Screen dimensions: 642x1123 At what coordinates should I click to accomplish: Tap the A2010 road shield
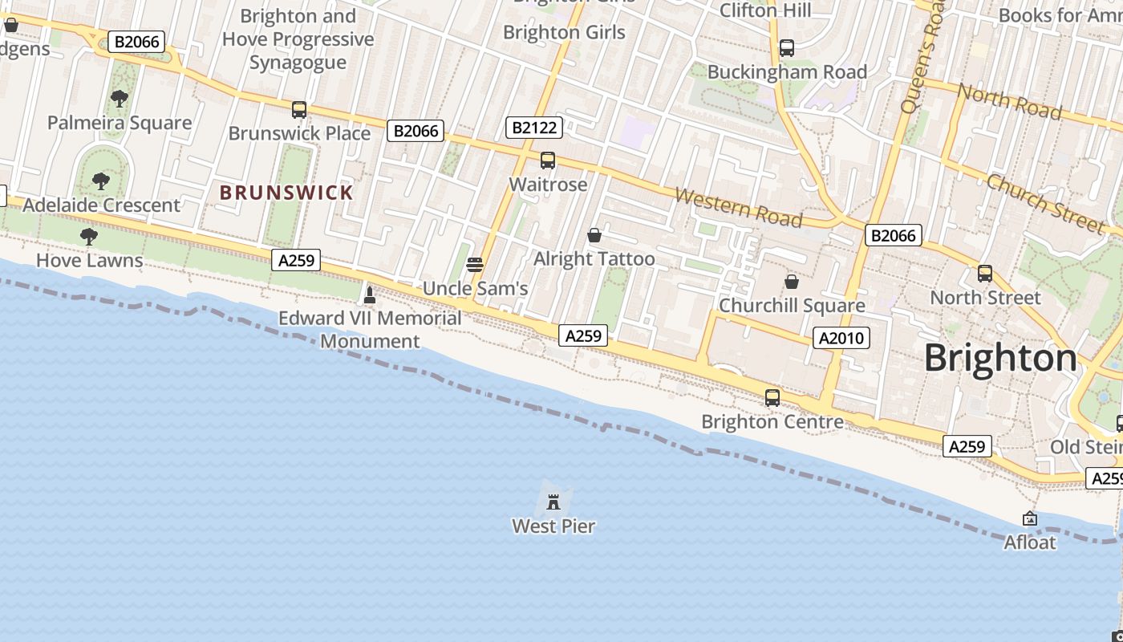841,338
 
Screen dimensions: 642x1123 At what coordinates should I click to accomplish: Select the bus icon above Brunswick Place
299,110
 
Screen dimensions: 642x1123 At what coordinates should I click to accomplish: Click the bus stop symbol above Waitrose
548,160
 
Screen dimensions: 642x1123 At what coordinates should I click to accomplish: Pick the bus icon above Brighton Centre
772,397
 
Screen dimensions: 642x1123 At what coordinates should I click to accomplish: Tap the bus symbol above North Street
985,274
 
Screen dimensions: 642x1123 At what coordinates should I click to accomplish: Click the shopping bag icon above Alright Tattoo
594,235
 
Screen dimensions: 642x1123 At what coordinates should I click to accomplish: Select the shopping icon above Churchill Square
792,282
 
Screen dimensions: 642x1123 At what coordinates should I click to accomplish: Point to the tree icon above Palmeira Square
120,99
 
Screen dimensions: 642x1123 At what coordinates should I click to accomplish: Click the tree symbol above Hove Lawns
89,236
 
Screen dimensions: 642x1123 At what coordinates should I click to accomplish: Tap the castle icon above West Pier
553,502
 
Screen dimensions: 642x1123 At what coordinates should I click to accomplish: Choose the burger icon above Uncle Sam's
475,265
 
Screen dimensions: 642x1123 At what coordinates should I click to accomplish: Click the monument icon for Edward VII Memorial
370,295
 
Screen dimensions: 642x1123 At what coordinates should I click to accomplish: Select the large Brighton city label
1000,358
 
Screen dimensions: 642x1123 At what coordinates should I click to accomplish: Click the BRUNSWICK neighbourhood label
286,193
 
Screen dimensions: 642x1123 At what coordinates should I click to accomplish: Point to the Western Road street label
738,207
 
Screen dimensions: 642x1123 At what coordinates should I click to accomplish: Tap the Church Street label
1044,203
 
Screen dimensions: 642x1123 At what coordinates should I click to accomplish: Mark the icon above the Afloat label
1030,519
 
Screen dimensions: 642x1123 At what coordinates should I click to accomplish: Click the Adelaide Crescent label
102,205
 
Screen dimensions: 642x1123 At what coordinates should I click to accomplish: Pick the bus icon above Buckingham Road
787,48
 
